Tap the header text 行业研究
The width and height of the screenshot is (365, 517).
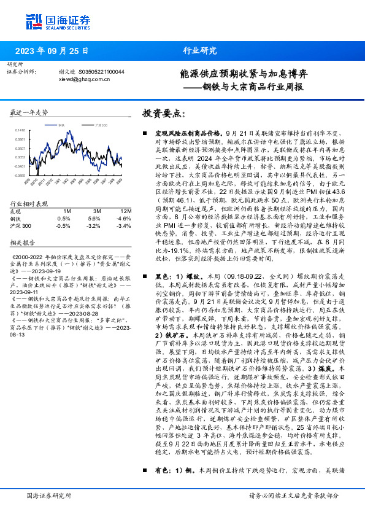[x=200, y=51]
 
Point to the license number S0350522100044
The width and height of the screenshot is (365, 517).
[x=100, y=72]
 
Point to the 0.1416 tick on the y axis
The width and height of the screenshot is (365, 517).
[x=20, y=130]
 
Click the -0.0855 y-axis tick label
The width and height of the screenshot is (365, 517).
[x=20, y=175]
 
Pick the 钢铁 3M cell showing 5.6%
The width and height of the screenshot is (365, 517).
[x=93, y=218]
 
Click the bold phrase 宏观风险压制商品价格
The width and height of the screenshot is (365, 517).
[x=188, y=133]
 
